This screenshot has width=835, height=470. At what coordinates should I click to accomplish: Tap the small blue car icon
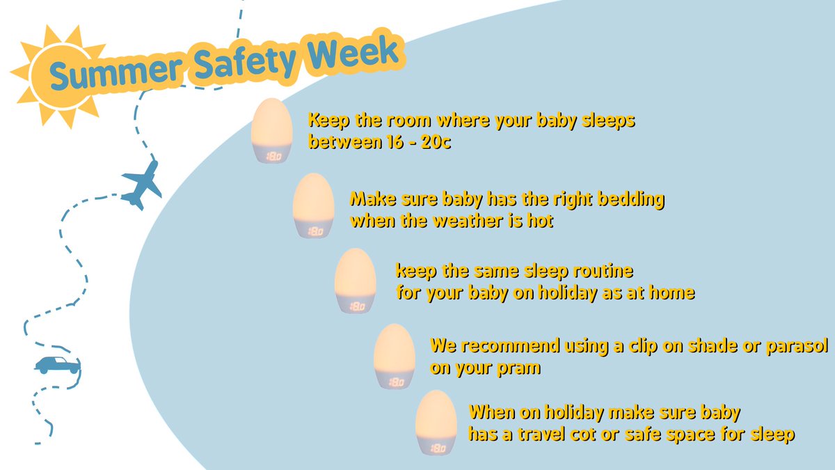pyautogui.click(x=57, y=365)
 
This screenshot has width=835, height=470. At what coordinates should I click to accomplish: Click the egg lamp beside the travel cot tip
pyautogui.click(x=436, y=423)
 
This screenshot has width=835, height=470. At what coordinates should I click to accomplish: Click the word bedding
pyautogui.click(x=630, y=200)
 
